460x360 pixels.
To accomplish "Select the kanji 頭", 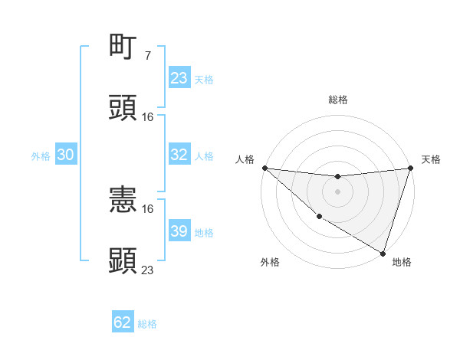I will (123, 108).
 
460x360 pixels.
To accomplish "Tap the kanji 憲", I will (123, 199).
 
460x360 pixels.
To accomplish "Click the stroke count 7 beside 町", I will (147, 56).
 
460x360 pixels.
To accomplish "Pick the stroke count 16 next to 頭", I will (148, 117).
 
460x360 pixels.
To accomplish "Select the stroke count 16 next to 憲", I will (148, 208).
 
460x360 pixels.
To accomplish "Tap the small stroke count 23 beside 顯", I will (148, 270).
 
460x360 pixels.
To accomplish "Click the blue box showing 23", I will (179, 78).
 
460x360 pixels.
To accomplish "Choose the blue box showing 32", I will (179, 155).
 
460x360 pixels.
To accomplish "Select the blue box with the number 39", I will (179, 231).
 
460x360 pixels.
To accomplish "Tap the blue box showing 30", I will (65, 155).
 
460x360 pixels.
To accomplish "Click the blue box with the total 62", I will (123, 322).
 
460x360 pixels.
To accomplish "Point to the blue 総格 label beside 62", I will (147, 324).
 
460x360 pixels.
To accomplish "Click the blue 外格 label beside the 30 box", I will (41, 155).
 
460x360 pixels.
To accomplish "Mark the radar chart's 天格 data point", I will (410, 168).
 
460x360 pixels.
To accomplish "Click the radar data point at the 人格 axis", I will (264, 168).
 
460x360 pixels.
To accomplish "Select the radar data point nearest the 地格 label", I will (383, 253).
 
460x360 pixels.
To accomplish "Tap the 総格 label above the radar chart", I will (337, 100).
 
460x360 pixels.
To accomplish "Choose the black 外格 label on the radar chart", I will (270, 263).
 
